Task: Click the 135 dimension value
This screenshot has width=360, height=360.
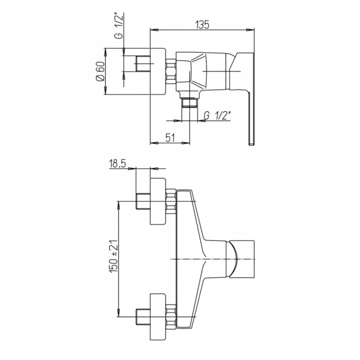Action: click(x=202, y=25)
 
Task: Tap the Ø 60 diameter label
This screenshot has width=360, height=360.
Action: click(x=100, y=71)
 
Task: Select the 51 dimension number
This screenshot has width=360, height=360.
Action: click(x=171, y=138)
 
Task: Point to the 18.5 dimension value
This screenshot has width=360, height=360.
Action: click(x=118, y=164)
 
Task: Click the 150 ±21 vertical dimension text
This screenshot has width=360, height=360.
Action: click(x=114, y=256)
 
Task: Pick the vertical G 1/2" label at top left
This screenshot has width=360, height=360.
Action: click(x=119, y=27)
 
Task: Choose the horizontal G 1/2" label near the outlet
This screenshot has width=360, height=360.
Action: click(x=217, y=116)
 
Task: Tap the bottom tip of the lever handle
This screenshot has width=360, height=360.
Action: click(x=252, y=144)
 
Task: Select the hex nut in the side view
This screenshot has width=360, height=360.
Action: click(x=171, y=71)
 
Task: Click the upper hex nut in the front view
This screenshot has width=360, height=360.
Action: click(x=171, y=201)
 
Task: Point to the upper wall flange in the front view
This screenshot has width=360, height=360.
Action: click(x=158, y=201)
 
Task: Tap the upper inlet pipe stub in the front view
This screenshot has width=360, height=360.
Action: click(x=143, y=201)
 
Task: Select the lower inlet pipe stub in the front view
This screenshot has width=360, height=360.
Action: click(x=143, y=317)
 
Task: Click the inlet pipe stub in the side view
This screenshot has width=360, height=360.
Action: click(x=143, y=63)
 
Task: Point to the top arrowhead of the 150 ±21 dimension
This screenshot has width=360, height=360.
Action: click(x=118, y=206)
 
